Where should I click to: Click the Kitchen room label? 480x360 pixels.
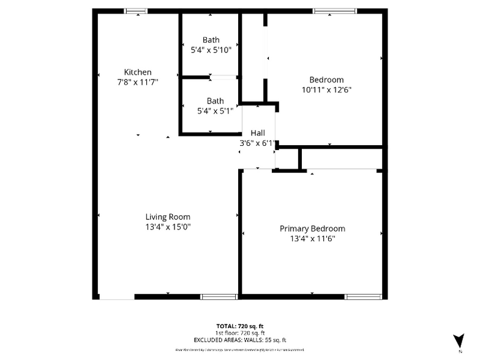point(138,72)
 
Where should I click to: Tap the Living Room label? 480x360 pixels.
point(168,217)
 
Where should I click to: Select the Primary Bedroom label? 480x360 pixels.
point(312,228)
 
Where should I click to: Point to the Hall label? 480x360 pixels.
point(258,133)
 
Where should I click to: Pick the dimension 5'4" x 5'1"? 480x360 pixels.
point(215,111)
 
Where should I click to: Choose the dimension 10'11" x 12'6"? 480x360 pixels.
point(326,89)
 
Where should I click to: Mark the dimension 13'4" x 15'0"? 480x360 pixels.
point(168,227)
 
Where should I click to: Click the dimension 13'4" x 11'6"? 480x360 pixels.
point(312,239)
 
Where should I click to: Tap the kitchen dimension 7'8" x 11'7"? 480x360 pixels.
point(138,82)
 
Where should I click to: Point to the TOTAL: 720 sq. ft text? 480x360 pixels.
point(240,326)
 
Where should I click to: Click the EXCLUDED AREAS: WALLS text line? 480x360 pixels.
point(240,340)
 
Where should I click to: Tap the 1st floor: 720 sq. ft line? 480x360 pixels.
point(240,332)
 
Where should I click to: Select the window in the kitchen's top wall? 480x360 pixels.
point(136,11)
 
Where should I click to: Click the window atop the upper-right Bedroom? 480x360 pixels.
point(334,11)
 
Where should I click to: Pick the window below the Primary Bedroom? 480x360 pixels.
point(363,297)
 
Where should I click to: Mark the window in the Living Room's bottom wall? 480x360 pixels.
point(219,297)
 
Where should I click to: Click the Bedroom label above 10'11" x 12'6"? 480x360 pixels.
point(326,80)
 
